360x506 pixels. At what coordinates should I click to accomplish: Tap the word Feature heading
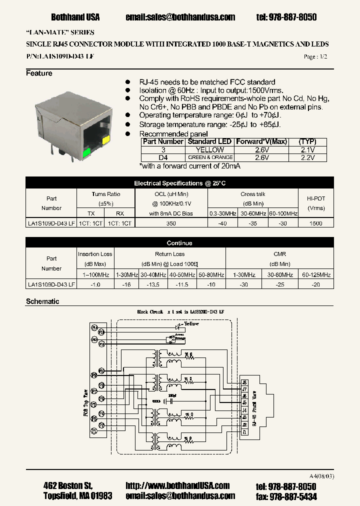39,73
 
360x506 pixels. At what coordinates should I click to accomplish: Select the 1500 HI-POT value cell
316,223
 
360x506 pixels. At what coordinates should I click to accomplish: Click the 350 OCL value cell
170,223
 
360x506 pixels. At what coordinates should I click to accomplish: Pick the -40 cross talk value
222,223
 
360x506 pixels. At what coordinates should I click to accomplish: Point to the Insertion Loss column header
95,254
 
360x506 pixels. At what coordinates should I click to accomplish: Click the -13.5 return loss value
153,284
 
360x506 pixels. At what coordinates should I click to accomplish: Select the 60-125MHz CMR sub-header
316,274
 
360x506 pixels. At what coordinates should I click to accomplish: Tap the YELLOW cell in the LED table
210,149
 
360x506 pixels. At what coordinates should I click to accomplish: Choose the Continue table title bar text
179,243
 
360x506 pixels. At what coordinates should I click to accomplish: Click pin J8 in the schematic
244,382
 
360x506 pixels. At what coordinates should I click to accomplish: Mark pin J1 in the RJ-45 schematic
244,431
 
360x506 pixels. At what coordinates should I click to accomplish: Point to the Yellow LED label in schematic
191,323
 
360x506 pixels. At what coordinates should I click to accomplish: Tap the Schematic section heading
42,301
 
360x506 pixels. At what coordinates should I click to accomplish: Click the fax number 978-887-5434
293,496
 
